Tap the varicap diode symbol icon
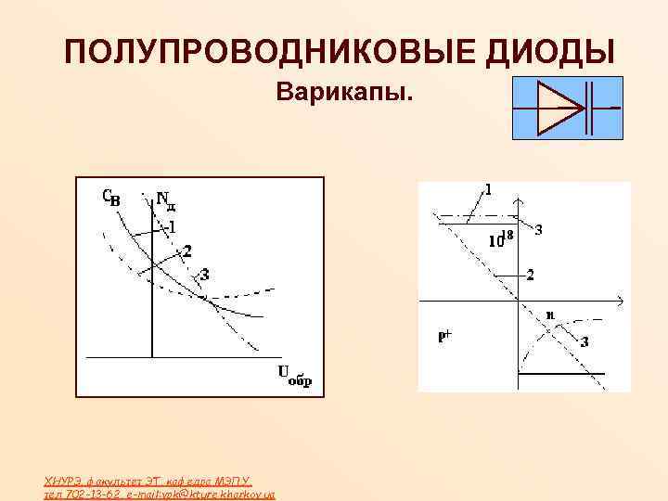pos(567,109)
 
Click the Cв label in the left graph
pos(110,197)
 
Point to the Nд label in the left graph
pos(165,199)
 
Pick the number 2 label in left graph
pos(187,250)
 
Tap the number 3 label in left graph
pos(204,275)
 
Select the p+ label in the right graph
pos(445,338)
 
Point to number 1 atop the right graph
pos(488,189)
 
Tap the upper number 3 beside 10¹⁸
pos(539,229)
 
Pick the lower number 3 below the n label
pos(584,341)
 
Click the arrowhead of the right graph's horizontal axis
pos(618,300)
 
